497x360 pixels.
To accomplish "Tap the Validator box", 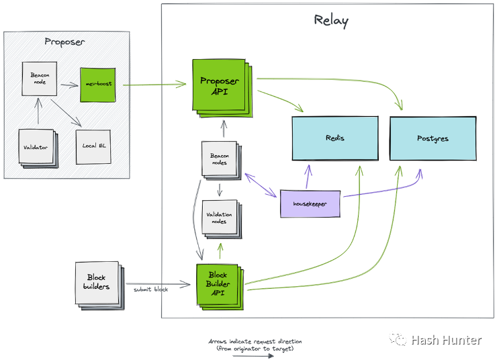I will [38, 146].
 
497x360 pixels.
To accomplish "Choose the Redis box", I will [334, 138].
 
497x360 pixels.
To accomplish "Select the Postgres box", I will [433, 138].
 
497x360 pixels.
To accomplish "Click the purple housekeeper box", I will [310, 204].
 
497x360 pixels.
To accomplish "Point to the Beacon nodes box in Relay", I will [218, 159].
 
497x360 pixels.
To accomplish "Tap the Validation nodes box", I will [218, 218].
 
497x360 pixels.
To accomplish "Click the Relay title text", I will [331, 19].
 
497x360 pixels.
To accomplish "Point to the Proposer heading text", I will [64, 41].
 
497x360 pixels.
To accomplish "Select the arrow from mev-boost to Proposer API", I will [154, 85].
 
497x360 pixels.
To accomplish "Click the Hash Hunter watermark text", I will [446, 340].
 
